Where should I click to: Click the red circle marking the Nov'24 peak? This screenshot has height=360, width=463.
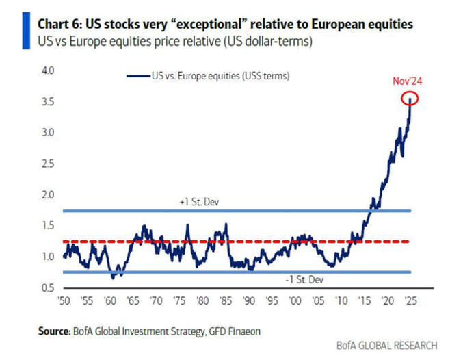[x=410, y=99]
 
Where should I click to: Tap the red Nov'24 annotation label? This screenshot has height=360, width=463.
[x=408, y=81]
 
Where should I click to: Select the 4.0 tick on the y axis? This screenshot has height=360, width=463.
[x=48, y=70]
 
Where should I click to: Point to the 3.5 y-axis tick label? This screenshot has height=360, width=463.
[x=48, y=102]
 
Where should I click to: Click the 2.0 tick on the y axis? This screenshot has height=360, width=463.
[x=48, y=195]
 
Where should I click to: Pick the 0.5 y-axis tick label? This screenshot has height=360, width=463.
[x=48, y=288]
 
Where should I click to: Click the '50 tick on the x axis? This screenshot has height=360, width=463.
[x=64, y=300]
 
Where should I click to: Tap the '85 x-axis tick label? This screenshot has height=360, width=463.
[x=225, y=300]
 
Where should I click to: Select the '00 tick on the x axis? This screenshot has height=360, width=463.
[x=295, y=300]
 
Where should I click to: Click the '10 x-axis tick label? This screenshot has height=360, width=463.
[x=341, y=300]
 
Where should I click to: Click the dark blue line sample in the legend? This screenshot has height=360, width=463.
[x=138, y=76]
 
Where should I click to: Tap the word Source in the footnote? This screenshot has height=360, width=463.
[x=53, y=331]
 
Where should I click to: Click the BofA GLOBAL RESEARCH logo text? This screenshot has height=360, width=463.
[x=386, y=346]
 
